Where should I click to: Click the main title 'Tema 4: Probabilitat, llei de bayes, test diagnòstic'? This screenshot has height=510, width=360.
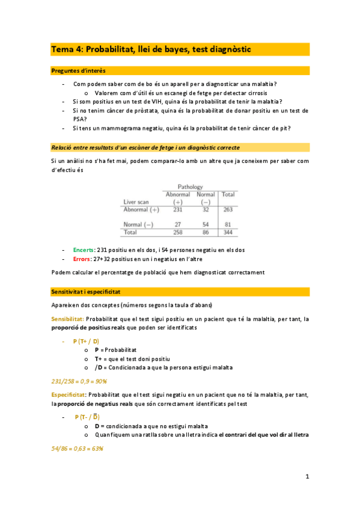[x=151, y=49]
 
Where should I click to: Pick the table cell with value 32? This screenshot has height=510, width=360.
[x=206, y=210]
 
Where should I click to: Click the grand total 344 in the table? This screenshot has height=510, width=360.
[x=228, y=232]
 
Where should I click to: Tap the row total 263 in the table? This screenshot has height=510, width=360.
[x=228, y=210]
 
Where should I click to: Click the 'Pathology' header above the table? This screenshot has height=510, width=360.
[x=190, y=187]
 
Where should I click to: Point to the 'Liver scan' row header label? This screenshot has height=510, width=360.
[x=136, y=202]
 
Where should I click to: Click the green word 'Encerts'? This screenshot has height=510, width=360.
[x=83, y=250]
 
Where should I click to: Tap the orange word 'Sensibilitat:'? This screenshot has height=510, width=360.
[x=68, y=319]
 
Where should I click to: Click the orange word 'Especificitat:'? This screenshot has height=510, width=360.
[x=69, y=395]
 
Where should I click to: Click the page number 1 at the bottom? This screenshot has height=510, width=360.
[x=307, y=477]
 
